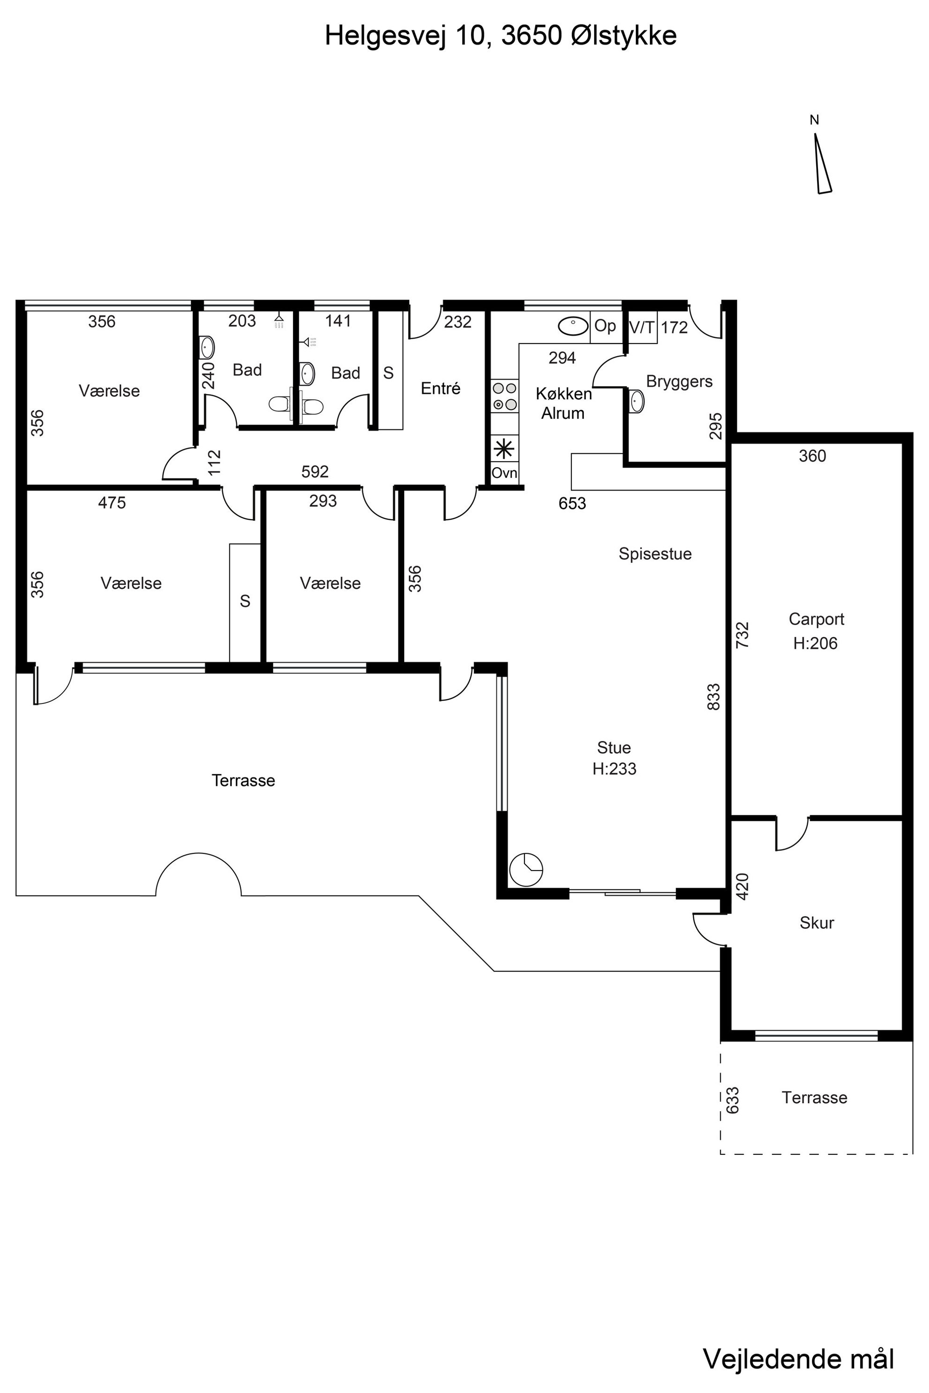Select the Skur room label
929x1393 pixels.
pos(817,922)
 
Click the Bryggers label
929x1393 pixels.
pos(679,381)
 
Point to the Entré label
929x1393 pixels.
pos(440,388)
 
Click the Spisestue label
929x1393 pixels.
pos(655,554)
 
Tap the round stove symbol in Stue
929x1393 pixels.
pos(525,869)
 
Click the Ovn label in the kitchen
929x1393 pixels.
pos(504,473)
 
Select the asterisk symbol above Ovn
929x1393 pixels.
pos(504,448)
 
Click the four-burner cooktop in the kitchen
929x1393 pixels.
pos(504,396)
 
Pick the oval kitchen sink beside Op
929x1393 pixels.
pos(573,326)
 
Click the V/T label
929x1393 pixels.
pos(641,327)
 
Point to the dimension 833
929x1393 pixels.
pos(714,696)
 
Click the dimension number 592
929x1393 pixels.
pos(315,471)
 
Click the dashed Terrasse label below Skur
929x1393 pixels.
pos(814,1098)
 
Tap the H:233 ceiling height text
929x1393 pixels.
pos(614,768)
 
